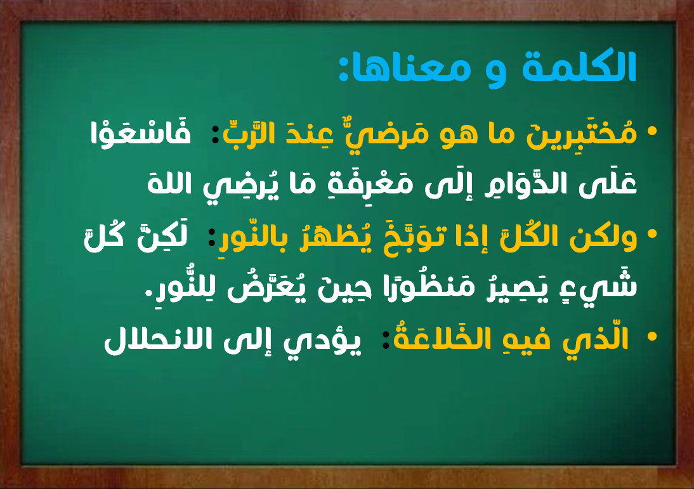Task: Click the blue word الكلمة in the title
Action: (x=579, y=67)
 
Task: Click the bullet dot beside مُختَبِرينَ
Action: (x=651, y=131)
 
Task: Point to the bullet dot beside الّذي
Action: (x=651, y=336)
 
